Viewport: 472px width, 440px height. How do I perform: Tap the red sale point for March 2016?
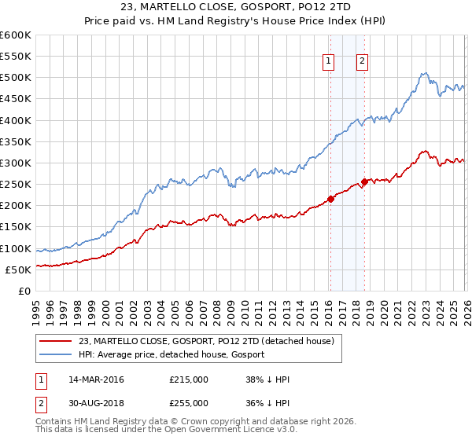point(330,199)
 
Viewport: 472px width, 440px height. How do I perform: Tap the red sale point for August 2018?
point(364,181)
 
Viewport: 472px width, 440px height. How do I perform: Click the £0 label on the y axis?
point(25,291)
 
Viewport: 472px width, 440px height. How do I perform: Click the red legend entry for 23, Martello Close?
point(207,340)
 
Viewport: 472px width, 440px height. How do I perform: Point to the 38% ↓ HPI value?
point(267,379)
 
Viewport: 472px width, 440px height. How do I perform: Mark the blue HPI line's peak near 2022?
point(423,74)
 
